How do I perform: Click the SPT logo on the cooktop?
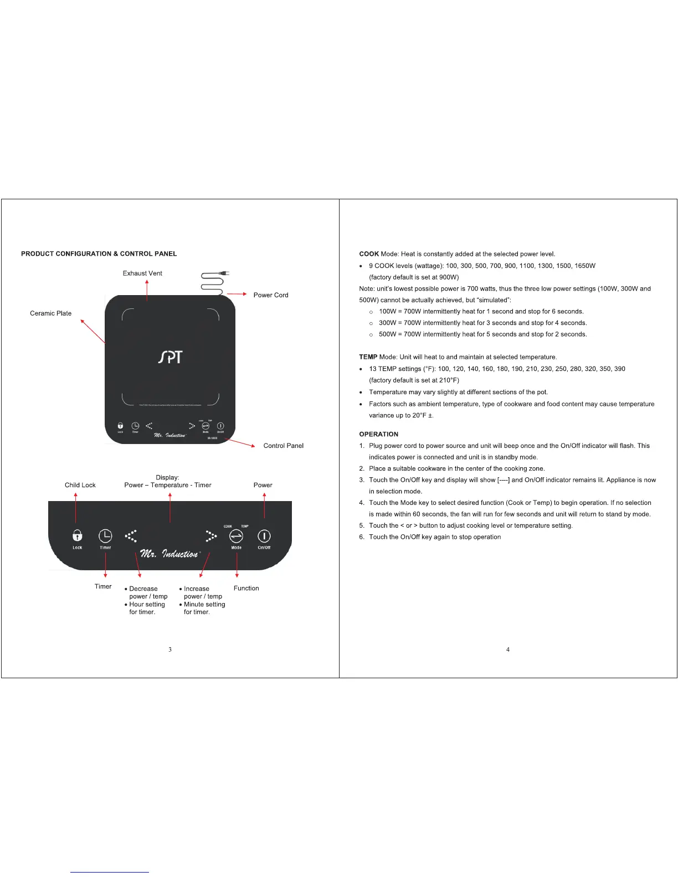pyautogui.click(x=170, y=357)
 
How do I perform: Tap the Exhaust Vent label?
pyautogui.click(x=142, y=274)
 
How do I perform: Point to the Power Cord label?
pyautogui.click(x=271, y=295)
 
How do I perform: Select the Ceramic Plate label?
pyautogui.click(x=50, y=313)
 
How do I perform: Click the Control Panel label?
pyautogui.click(x=283, y=446)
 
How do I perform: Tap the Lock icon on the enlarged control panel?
pyautogui.click(x=78, y=536)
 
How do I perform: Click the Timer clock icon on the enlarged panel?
pyautogui.click(x=105, y=536)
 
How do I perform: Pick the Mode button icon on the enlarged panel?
pyautogui.click(x=236, y=536)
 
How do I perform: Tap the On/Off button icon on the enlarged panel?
pyautogui.click(x=264, y=536)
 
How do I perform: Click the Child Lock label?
pyautogui.click(x=80, y=485)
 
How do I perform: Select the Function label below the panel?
pyautogui.click(x=246, y=589)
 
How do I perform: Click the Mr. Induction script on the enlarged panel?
pyautogui.click(x=169, y=554)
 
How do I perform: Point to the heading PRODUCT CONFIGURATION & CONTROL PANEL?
pyautogui.click(x=99, y=254)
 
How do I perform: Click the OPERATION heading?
pyautogui.click(x=378, y=435)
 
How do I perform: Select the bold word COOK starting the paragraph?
pyautogui.click(x=369, y=254)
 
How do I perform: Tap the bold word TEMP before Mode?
pyautogui.click(x=368, y=357)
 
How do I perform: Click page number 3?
pyautogui.click(x=170, y=649)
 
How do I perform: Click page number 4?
pyautogui.click(x=508, y=649)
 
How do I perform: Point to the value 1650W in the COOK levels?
pyautogui.click(x=584, y=266)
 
